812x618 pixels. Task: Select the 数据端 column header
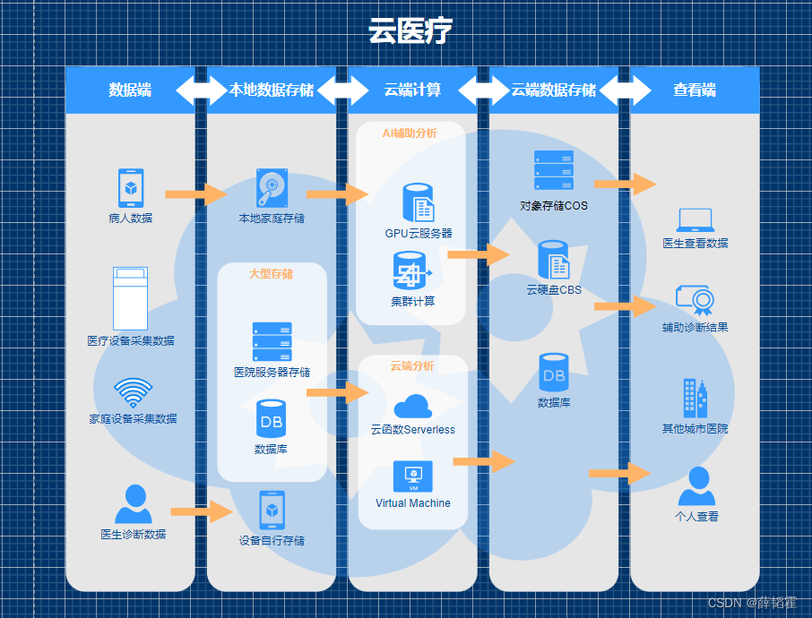point(130,90)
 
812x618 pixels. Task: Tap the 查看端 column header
point(695,90)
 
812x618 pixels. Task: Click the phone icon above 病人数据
point(131,188)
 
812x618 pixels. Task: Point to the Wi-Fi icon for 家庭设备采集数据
point(133,392)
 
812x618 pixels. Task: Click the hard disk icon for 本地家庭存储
point(271,188)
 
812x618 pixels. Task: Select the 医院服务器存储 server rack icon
point(272,341)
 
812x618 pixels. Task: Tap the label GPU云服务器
point(419,234)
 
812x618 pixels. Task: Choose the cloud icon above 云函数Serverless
point(412,406)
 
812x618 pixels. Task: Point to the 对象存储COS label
point(554,205)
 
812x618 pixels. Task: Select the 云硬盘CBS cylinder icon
point(554,260)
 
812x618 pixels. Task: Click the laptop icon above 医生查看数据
point(695,219)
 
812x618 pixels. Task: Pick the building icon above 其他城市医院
point(695,398)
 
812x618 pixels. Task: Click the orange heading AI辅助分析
point(410,133)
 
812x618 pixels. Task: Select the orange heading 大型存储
point(271,274)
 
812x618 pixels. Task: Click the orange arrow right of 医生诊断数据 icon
point(201,512)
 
